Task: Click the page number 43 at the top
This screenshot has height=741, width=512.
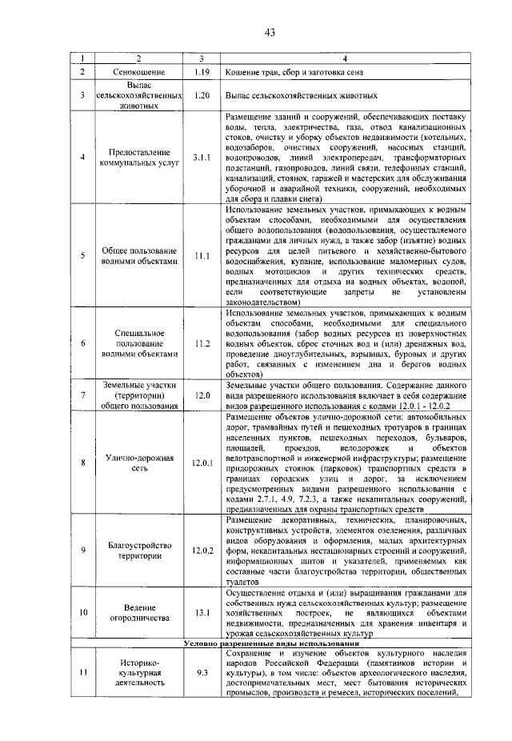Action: tap(270, 32)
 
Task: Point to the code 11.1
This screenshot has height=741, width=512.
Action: tap(201, 256)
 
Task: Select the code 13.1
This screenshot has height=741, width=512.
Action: tap(201, 613)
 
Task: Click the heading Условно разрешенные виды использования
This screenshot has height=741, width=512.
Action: tap(270, 643)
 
